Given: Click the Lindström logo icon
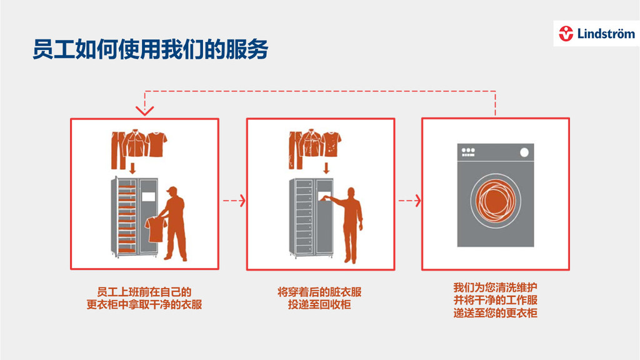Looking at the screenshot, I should click(567, 34).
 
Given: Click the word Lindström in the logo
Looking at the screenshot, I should click(602, 34).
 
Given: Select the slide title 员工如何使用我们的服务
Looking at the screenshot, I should click(150, 49).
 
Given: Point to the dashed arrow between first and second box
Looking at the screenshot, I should click(233, 201).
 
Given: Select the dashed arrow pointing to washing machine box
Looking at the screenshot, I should click(409, 201).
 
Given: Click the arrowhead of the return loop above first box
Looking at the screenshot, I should click(145, 111).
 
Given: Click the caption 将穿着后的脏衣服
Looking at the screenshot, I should click(319, 292).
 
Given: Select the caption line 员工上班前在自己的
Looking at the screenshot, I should click(144, 292).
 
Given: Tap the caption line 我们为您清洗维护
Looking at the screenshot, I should click(495, 288).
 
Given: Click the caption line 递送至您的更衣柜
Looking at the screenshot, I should click(495, 313).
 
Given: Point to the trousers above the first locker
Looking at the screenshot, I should click(116, 150).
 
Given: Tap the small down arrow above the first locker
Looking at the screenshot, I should click(132, 167).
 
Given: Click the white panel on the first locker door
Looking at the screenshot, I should click(148, 196).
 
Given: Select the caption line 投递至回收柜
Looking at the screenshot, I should click(319, 305).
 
